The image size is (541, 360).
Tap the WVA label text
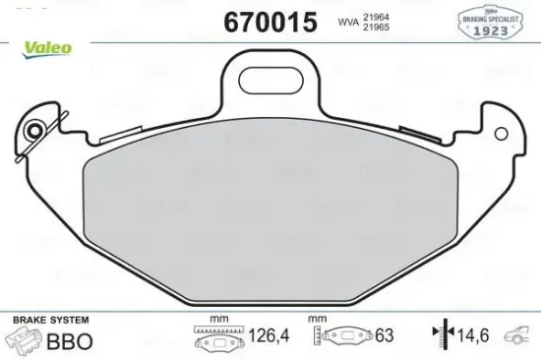pos(347,20)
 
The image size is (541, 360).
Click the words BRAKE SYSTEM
pos(50,321)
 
